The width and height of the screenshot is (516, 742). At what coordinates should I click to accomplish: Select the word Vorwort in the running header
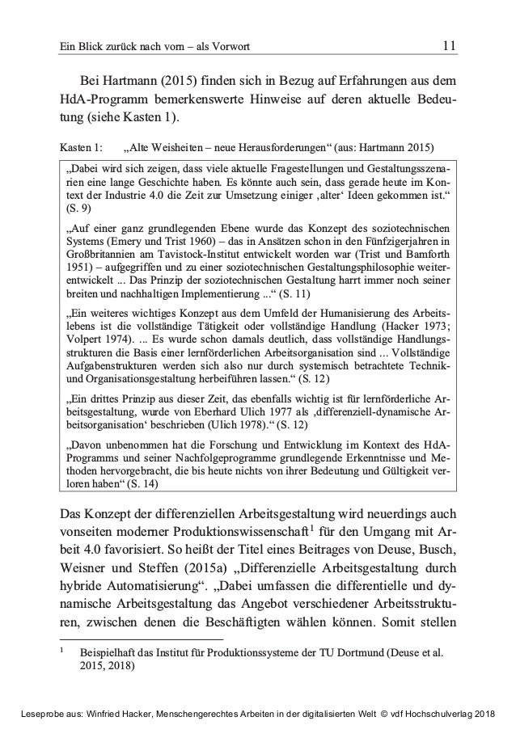[x=230, y=48]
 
